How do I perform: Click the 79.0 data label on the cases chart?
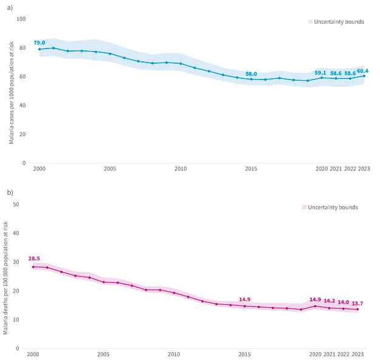point(39,42)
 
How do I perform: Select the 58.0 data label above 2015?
point(251,73)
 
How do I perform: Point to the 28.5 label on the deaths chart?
point(34,258)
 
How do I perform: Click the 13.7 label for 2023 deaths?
point(358,303)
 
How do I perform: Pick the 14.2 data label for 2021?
point(330,301)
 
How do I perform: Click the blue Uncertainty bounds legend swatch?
point(310,21)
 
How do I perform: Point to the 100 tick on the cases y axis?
point(21,19)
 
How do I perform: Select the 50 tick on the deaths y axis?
point(17,204)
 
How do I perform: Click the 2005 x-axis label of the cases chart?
point(110,168)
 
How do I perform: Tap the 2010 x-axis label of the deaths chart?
point(174,354)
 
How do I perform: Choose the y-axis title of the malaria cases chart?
point(11,91)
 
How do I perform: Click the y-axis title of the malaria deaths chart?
point(5,276)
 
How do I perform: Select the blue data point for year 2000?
point(39,49)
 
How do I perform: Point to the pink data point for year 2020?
point(315,306)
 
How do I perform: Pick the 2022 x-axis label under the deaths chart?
point(344,354)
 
